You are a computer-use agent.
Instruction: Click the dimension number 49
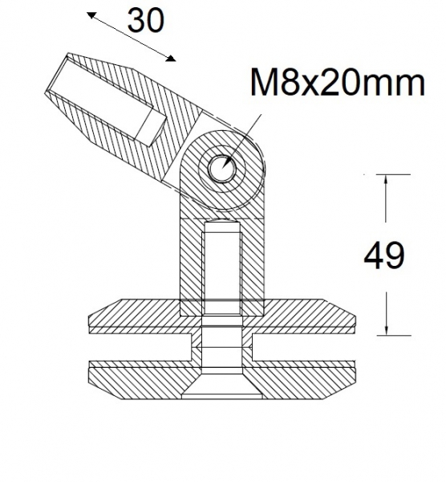pyautogui.click(x=385, y=256)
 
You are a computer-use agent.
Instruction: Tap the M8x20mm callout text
pyautogui.click(x=337, y=83)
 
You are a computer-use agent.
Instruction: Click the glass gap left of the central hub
pyautogui.click(x=136, y=347)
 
